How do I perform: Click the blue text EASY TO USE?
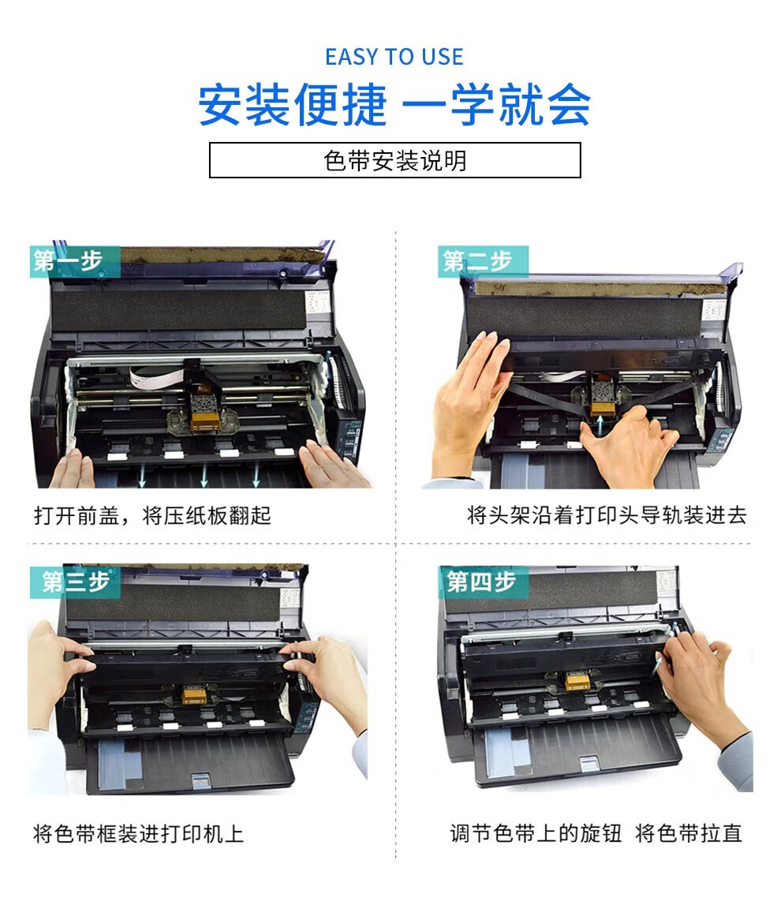pos(394,57)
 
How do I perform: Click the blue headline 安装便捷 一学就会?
pos(394,105)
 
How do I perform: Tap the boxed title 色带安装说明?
pos(394,160)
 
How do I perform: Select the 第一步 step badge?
pos(75,261)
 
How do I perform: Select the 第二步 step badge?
pos(483,261)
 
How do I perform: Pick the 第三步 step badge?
pos(75,581)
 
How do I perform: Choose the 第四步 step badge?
pos(484,581)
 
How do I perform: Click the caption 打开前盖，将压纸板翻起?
pos(151,515)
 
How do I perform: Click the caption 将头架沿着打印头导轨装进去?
pos(607,515)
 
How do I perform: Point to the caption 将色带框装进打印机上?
pos(139,833)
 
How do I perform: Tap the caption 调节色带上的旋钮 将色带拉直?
pos(596,832)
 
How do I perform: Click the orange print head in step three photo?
pos(194,695)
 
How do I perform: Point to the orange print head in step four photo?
pos(577,682)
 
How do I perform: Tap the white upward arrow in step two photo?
pos(600,426)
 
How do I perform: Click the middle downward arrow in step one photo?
pos(204,475)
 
